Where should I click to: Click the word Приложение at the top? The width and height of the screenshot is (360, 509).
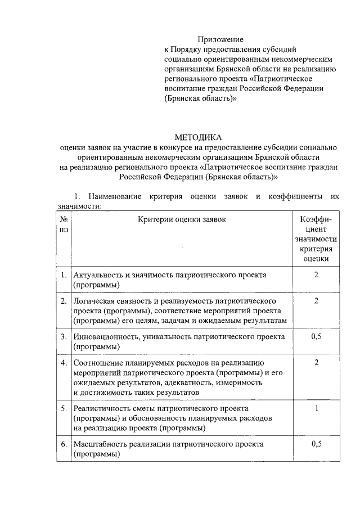220,39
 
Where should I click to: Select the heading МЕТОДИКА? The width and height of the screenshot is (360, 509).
198,137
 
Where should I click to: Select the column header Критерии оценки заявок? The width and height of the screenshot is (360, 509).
182,219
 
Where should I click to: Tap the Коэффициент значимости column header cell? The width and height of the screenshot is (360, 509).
316,239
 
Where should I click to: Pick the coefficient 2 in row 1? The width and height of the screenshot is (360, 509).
316,274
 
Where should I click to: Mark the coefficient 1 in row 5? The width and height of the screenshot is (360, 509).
316,408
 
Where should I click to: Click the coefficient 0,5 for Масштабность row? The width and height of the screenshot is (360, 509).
316,444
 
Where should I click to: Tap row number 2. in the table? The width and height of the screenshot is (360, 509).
64,301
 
